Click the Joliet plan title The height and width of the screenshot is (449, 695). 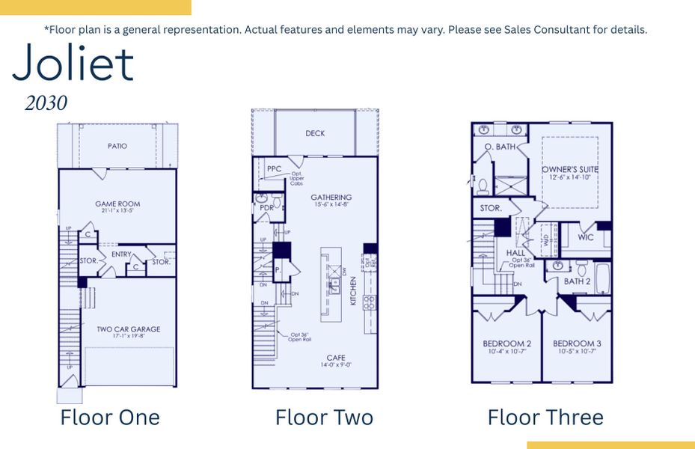pyautogui.click(x=73, y=64)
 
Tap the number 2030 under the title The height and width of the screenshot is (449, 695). pyautogui.click(x=46, y=103)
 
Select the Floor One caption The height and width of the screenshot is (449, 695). pyautogui.click(x=110, y=417)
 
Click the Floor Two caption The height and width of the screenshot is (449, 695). pyautogui.click(x=324, y=417)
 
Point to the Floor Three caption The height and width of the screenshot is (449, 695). pyautogui.click(x=545, y=417)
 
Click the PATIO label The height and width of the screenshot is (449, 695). pyautogui.click(x=117, y=146)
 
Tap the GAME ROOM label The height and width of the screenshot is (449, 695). pyautogui.click(x=117, y=204)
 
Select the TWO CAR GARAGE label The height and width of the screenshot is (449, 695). pyautogui.click(x=129, y=329)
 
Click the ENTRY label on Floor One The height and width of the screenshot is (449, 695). pyautogui.click(x=121, y=254)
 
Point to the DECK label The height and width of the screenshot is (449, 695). pyautogui.click(x=315, y=134)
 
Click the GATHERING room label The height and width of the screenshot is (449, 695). pyautogui.click(x=331, y=198)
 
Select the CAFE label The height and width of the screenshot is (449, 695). pyautogui.click(x=335, y=358)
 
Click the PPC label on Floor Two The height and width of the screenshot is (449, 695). pyautogui.click(x=274, y=169)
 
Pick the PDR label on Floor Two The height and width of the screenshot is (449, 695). pyautogui.click(x=266, y=208)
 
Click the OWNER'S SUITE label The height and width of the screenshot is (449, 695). pyautogui.click(x=570, y=170)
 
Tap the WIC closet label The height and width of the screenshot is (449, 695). pyautogui.click(x=587, y=237)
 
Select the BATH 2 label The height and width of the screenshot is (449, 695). pyautogui.click(x=578, y=281)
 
